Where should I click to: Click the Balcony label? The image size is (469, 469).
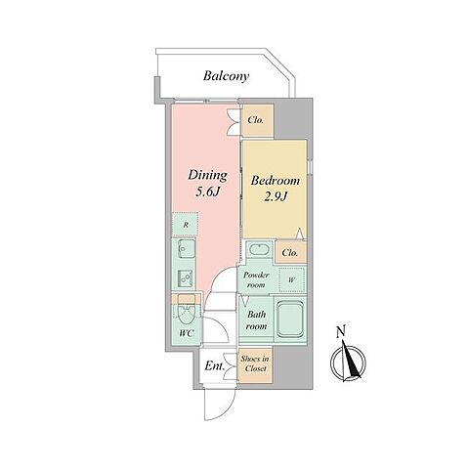click(226, 76)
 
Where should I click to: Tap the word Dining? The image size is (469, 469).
click(207, 176)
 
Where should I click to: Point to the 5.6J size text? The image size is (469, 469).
click(206, 192)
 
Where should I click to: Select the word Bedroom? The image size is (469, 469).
click(276, 181)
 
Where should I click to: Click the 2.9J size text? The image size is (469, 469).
click(276, 196)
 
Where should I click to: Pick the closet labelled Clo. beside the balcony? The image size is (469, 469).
click(257, 120)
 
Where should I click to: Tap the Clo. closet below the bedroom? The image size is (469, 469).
click(291, 252)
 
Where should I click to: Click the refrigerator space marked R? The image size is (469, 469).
click(185, 225)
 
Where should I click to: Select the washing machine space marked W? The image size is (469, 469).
click(292, 279)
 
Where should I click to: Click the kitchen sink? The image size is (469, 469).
click(187, 249)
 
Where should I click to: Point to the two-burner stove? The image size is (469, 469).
click(186, 278)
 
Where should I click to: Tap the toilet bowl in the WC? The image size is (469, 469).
click(187, 315)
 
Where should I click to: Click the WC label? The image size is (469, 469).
click(187, 333)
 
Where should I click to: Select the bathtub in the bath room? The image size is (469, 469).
click(290, 319)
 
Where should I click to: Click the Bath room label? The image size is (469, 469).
click(256, 320)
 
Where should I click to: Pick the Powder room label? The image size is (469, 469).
click(256, 279)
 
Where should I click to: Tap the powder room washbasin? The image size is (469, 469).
click(259, 250)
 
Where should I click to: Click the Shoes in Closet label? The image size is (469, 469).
click(255, 363)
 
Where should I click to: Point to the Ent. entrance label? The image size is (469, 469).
click(215, 366)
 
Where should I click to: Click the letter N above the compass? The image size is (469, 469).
click(341, 332)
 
